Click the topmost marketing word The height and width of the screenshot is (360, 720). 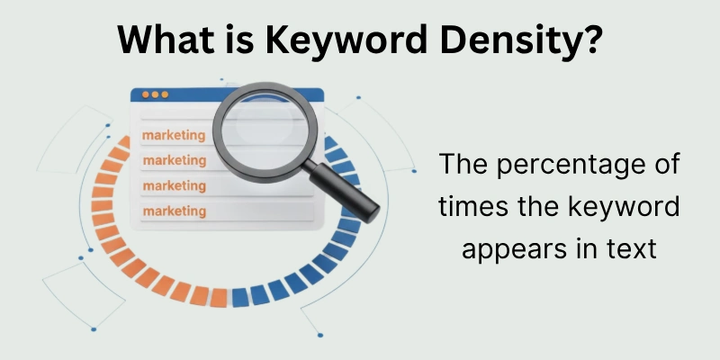point(174,137)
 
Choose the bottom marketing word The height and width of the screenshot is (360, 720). point(174,211)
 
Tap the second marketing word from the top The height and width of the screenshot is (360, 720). point(174,160)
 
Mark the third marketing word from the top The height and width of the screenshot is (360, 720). point(174,185)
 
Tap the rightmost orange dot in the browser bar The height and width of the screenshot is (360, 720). point(165,94)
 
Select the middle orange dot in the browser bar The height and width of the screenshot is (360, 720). point(155,94)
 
